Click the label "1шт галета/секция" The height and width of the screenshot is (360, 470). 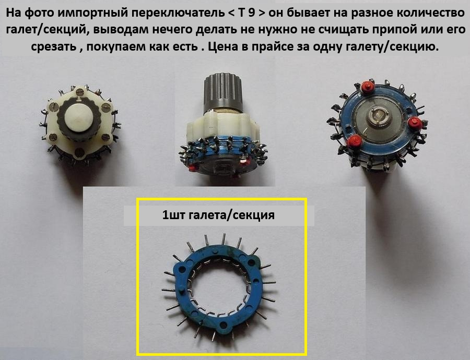[x=218, y=215]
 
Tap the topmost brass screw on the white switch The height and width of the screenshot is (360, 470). [x=80, y=91]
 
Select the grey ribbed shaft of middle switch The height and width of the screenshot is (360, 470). [x=224, y=93]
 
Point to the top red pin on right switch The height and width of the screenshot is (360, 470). [x=367, y=87]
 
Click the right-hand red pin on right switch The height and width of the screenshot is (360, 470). [x=414, y=123]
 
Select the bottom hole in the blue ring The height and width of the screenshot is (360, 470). [x=224, y=325]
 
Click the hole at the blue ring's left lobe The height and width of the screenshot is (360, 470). [x=182, y=269]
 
